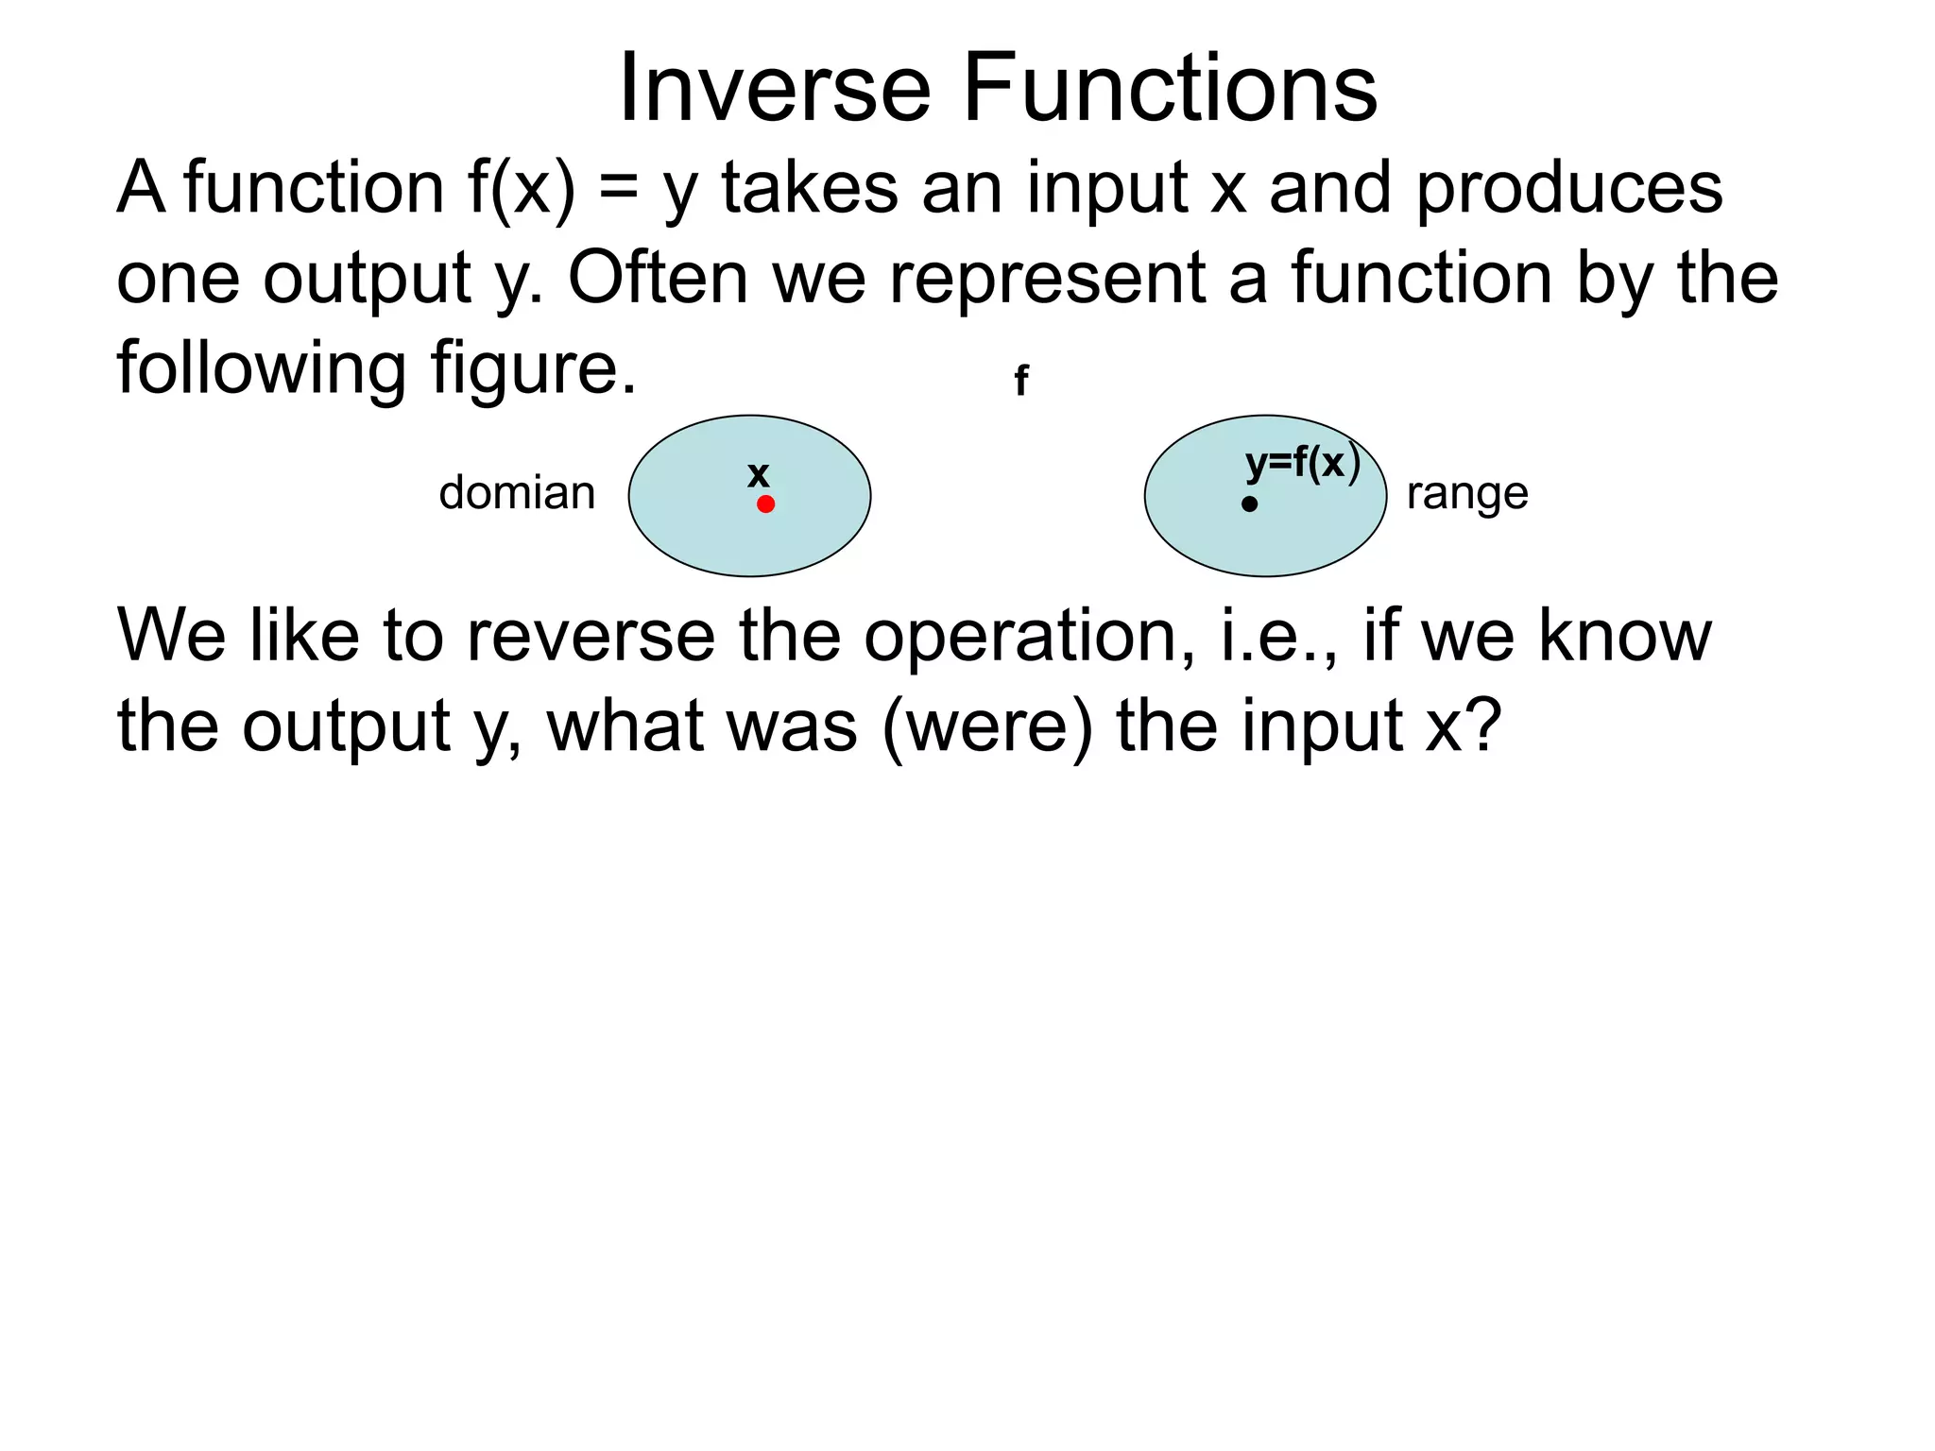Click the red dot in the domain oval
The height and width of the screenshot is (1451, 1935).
765,504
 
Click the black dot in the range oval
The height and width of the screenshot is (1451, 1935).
1249,504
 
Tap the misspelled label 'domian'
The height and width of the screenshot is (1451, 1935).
517,493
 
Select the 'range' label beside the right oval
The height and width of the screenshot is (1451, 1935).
1466,493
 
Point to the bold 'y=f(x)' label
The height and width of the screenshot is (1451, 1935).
1302,464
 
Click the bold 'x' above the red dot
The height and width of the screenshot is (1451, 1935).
758,474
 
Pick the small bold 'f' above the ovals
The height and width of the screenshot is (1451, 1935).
1020,382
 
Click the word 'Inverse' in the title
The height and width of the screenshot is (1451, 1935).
775,89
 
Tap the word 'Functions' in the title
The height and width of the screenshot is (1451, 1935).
1170,89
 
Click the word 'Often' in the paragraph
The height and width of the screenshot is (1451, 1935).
658,278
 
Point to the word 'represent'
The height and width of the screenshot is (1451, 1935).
1046,280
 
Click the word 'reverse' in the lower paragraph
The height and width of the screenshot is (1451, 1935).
591,637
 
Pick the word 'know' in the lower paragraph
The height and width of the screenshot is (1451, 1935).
1624,635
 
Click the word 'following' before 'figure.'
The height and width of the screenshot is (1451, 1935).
262,368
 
